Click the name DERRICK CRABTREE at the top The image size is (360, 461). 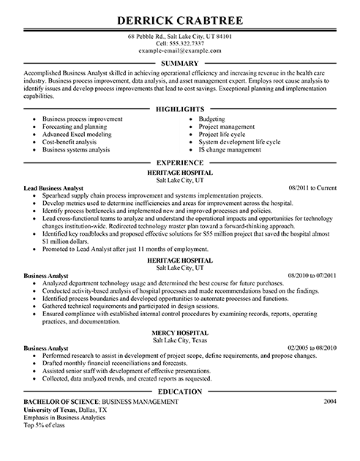(179, 15)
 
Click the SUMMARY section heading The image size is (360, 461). (179, 64)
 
